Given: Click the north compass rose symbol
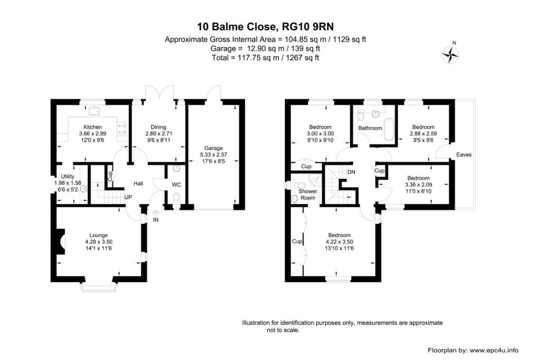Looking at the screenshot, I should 450,54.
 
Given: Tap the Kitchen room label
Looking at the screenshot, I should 90,127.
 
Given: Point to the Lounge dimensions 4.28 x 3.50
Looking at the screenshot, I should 99,241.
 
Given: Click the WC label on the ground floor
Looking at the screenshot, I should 177,184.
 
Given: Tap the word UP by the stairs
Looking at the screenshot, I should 128,197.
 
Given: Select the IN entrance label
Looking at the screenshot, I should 156,220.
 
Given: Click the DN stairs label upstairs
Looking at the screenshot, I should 351,172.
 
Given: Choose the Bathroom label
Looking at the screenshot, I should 370,128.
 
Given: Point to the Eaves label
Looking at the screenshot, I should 464,155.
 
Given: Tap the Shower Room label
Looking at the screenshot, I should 306,194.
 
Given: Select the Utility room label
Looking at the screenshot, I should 67,177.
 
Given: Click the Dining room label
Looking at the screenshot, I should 158,127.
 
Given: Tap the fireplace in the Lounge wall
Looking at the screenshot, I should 61,241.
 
